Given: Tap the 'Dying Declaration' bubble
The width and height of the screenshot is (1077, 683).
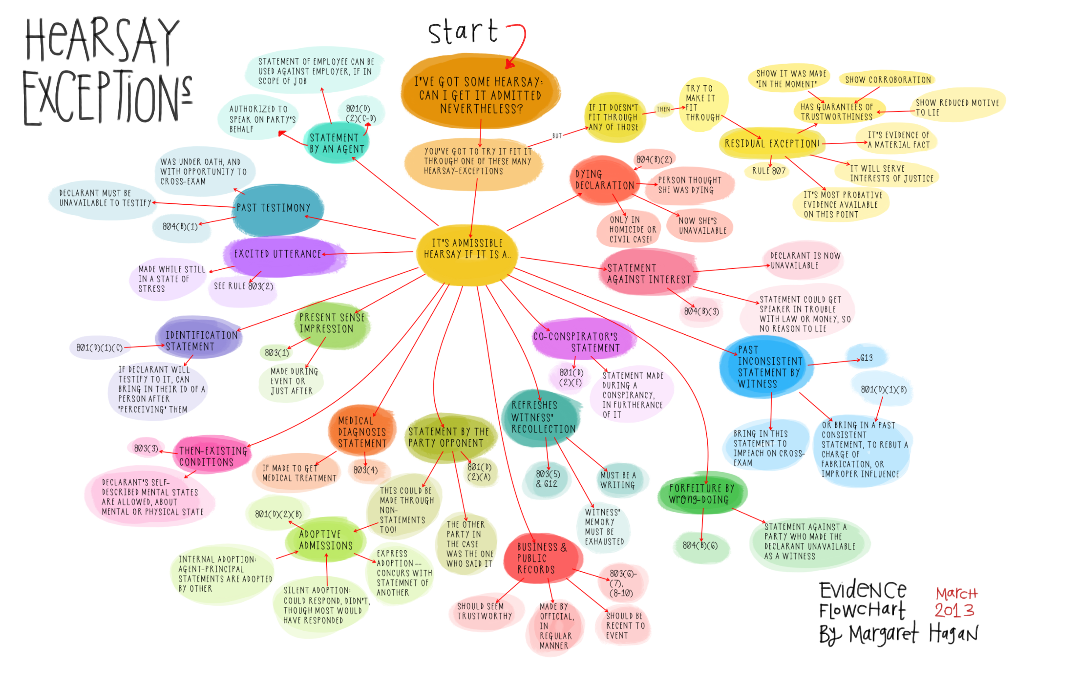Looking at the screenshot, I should coord(604,180).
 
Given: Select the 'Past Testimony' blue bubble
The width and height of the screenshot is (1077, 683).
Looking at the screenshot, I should coord(274,208).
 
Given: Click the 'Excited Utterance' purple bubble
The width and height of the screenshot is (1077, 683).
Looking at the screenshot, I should coord(278,254).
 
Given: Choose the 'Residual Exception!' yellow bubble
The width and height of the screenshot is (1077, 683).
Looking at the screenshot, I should coord(772,144).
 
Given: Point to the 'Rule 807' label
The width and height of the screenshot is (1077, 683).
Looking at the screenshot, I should coord(769,171).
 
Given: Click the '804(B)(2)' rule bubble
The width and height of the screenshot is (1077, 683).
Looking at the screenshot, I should coord(655,159).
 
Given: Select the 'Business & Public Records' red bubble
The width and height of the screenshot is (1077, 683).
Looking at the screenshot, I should coord(542,558).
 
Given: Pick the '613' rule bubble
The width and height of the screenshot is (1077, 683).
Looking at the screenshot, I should coord(866,358).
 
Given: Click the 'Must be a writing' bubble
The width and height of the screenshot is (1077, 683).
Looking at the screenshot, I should coord(618,480).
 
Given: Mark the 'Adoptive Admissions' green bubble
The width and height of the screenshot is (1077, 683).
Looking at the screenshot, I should coord(326,540).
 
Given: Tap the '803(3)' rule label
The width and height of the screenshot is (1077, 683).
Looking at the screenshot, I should coord(146,448).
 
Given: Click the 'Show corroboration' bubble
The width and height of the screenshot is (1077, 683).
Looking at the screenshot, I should coord(888,80).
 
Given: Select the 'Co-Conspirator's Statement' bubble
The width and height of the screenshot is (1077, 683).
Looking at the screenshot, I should coord(582,343).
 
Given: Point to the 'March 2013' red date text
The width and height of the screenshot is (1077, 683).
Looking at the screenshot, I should coord(956,603).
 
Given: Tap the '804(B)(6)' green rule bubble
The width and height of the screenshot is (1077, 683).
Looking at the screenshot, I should coord(700,546).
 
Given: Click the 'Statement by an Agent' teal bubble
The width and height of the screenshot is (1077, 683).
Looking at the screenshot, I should coord(337,144).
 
